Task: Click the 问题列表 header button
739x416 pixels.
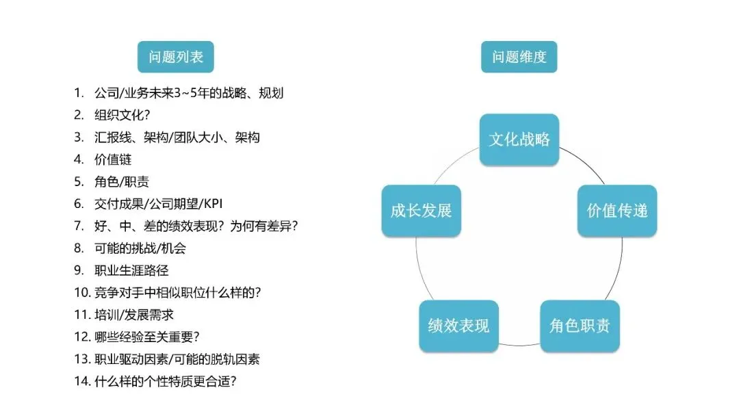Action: pyautogui.click(x=176, y=57)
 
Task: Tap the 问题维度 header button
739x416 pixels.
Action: pyautogui.click(x=519, y=57)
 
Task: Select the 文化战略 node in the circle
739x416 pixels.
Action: pyautogui.click(x=519, y=140)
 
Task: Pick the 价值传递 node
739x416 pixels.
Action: pyautogui.click(x=617, y=211)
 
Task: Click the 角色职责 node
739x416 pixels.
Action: pyautogui.click(x=580, y=326)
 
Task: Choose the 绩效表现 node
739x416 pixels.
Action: pyautogui.click(x=458, y=326)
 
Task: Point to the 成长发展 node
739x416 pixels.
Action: pyautogui.click(x=421, y=211)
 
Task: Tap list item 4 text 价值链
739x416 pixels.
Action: pyautogui.click(x=113, y=159)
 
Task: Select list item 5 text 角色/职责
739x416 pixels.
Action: pyautogui.click(x=121, y=182)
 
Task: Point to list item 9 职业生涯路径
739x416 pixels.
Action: pyautogui.click(x=131, y=271)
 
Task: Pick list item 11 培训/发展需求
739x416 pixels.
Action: pyautogui.click(x=135, y=315)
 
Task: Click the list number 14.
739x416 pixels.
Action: pyautogui.click(x=82, y=382)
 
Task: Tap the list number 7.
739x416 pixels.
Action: pyautogui.click(x=79, y=226)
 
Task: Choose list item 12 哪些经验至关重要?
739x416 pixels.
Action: pyautogui.click(x=146, y=337)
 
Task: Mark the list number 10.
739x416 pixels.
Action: pyautogui.click(x=82, y=293)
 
